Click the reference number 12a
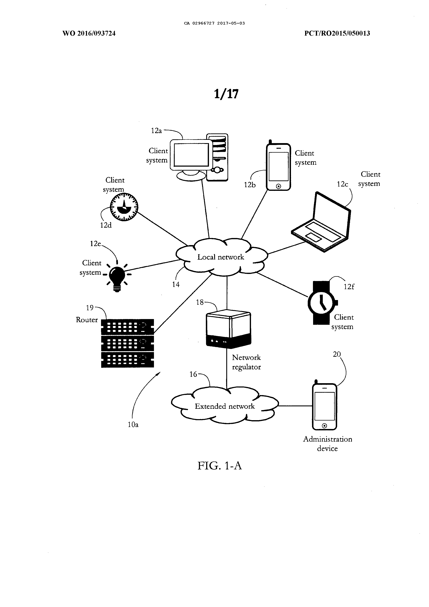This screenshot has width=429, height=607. click(x=156, y=131)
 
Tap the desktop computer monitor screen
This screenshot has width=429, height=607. click(x=191, y=155)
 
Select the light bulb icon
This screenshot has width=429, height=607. click(x=117, y=278)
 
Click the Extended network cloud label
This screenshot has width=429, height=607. click(x=225, y=406)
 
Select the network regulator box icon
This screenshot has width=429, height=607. click(x=228, y=329)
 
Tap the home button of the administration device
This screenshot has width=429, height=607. click(x=325, y=426)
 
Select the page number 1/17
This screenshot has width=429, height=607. click(x=226, y=94)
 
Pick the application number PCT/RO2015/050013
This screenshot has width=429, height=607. click(x=337, y=33)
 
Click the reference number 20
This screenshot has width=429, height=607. click(x=337, y=354)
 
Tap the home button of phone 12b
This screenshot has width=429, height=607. click(x=278, y=186)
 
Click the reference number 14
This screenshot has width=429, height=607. click(x=176, y=284)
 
